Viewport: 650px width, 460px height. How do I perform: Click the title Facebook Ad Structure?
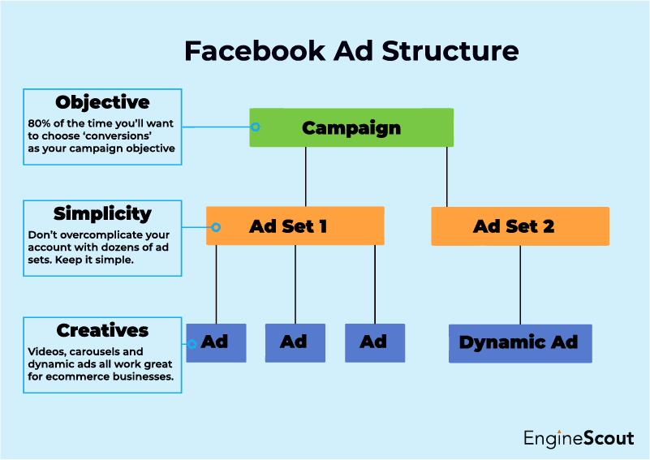[x=351, y=50]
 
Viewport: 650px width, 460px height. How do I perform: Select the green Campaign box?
[x=351, y=127]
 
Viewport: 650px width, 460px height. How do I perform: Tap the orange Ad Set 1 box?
[x=295, y=226]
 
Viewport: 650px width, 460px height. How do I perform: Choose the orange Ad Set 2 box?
[x=519, y=226]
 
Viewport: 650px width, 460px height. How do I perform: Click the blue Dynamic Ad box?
[x=519, y=342]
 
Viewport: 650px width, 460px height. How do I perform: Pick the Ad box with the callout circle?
[x=216, y=342]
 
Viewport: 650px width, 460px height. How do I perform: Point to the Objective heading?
[x=102, y=102]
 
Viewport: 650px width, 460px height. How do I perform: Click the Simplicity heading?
[x=102, y=213]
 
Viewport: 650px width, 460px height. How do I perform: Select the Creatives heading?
[x=102, y=330]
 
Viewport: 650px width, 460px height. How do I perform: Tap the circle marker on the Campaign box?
[x=255, y=127]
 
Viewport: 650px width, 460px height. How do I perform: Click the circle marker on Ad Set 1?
[x=216, y=228]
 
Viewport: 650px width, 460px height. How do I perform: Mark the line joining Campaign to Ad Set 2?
[x=446, y=177]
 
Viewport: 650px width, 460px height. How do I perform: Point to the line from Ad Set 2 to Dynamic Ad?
[x=520, y=284]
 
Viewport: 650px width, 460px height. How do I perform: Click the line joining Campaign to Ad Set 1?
[x=306, y=177]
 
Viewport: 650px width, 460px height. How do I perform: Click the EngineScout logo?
[x=578, y=439]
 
